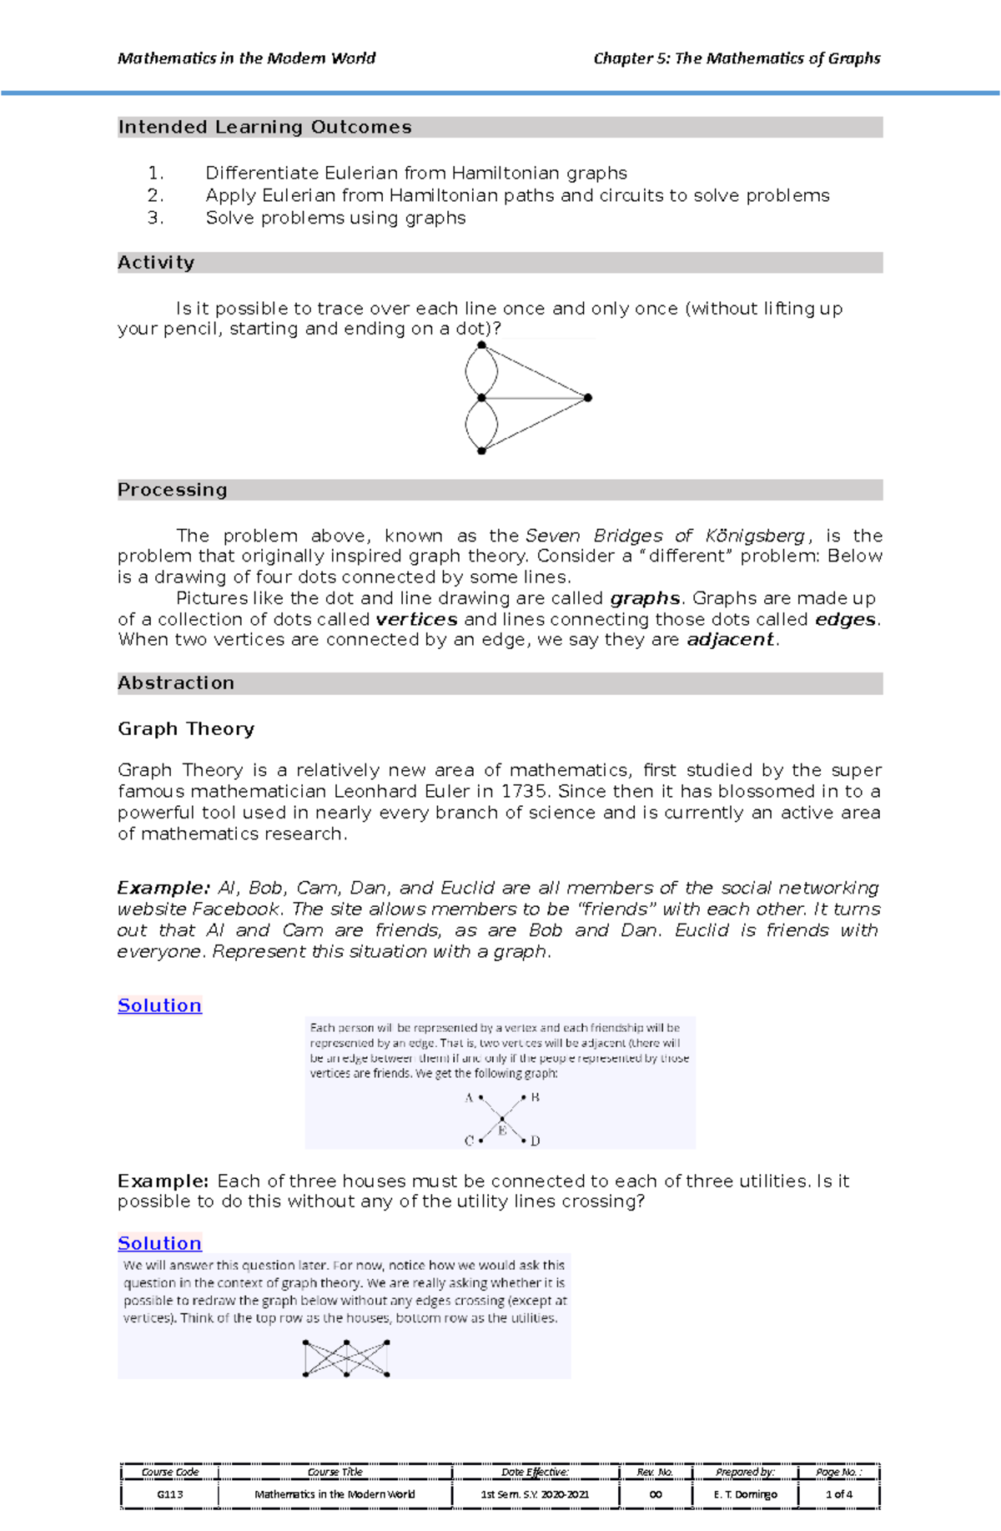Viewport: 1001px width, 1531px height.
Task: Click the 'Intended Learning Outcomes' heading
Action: click(264, 127)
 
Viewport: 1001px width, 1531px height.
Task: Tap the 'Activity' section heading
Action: click(156, 263)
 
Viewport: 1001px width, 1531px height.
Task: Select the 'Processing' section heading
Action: click(172, 490)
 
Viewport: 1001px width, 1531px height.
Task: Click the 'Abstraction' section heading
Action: click(176, 682)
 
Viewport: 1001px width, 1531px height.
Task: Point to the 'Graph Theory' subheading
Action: click(185, 728)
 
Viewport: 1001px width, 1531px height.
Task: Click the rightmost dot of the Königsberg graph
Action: click(588, 398)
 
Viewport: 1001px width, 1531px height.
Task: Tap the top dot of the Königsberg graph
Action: click(481, 345)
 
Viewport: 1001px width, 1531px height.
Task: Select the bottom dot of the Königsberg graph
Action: click(481, 451)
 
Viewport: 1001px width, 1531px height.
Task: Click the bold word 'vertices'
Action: click(416, 619)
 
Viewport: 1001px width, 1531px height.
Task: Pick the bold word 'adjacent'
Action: click(730, 640)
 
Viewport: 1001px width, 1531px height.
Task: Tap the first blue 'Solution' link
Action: click(159, 1005)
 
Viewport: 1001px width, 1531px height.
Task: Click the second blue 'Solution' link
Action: click(159, 1243)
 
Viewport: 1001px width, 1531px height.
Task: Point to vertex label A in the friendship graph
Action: click(469, 1098)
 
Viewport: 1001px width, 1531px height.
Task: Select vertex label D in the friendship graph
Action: click(536, 1141)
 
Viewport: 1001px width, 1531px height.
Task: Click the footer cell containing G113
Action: click(170, 1494)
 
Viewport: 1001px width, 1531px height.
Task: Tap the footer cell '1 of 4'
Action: click(838, 1494)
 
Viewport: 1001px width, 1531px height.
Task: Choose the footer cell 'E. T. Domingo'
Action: click(745, 1494)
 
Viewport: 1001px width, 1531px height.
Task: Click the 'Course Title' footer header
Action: click(335, 1473)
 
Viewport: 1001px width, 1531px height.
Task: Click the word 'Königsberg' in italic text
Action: click(755, 536)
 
